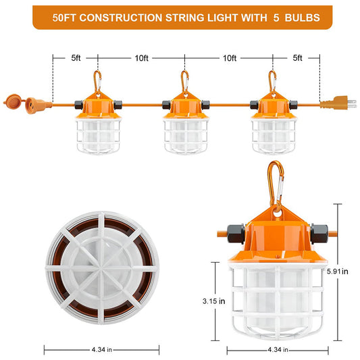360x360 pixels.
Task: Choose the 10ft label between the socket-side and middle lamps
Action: [141, 58]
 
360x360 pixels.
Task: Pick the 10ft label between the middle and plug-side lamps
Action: [230, 58]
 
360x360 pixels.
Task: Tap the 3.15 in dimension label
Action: [209, 301]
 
